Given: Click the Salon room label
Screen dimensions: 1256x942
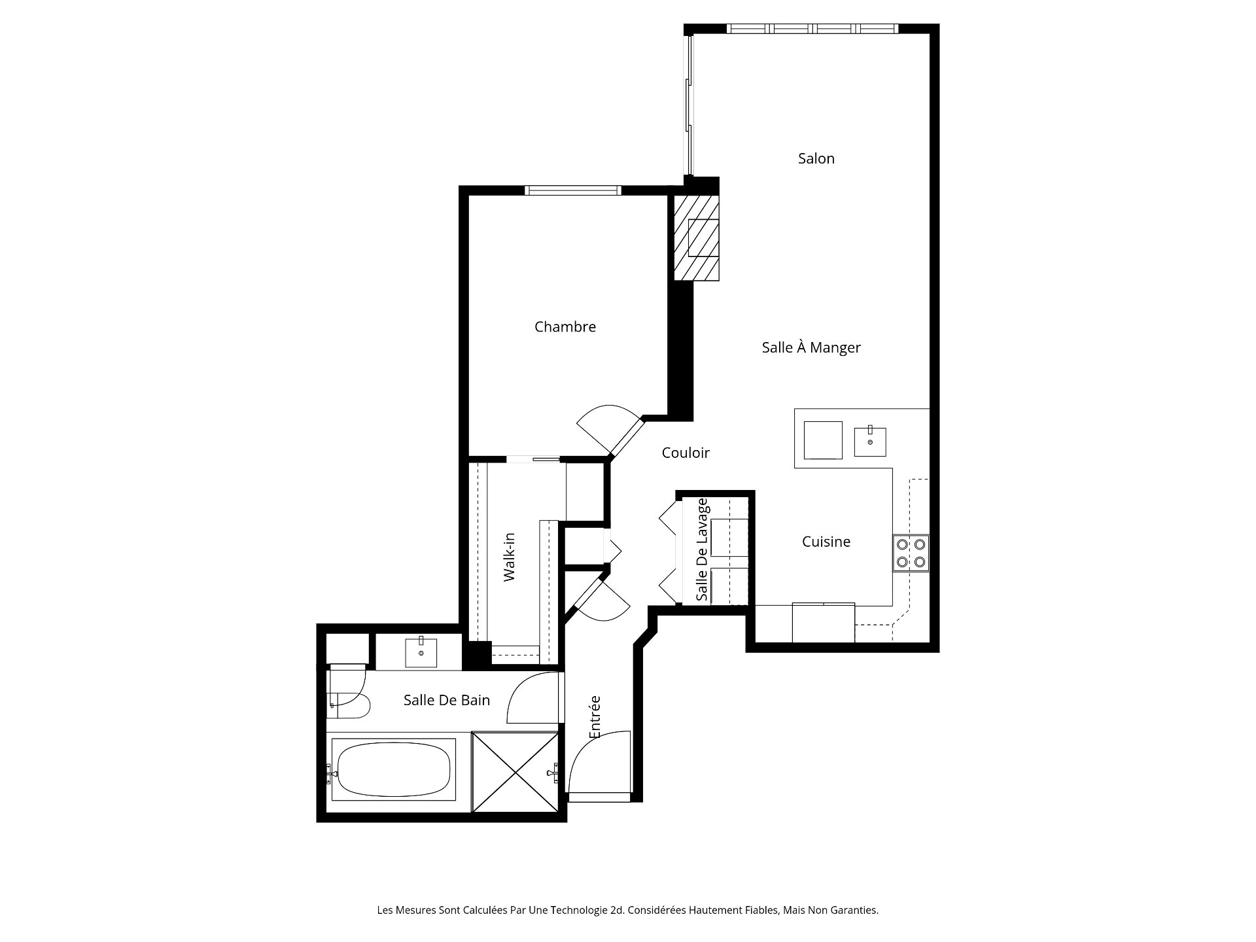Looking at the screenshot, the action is coord(816,158).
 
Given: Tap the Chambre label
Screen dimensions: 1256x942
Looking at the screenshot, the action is coord(565,326).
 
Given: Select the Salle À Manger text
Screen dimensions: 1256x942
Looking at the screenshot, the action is coord(811,347).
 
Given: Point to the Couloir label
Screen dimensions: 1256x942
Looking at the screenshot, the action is coord(686,453).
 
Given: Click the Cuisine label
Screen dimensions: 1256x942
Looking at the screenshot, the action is coord(826,542).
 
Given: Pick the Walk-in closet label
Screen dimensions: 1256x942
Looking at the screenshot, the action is coord(510,557).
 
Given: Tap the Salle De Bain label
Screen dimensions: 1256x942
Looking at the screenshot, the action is coord(447,700).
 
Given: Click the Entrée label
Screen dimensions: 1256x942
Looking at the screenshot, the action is coord(595,717).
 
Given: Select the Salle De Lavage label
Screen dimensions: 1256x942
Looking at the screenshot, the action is coord(702,549).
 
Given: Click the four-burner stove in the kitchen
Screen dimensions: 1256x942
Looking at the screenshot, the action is coord(911,553).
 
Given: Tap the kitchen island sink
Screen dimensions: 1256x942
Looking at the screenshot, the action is coord(870,442).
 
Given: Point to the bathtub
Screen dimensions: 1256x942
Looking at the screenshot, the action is coord(393,769).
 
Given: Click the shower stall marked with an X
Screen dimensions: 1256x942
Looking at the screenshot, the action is coord(516,773).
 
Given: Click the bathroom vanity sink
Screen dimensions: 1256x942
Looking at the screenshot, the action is coord(421,652).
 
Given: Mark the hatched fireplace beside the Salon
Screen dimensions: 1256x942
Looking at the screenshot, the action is coord(697,238).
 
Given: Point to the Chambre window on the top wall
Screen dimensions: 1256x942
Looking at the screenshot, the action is coord(573,190).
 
